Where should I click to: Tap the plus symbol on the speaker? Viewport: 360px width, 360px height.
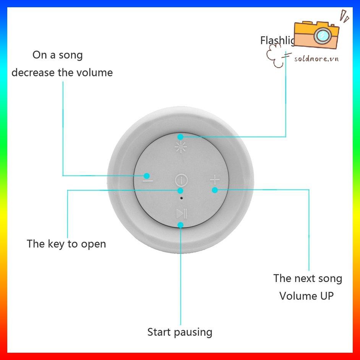point(215,179)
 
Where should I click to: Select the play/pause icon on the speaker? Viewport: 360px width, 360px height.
point(181,213)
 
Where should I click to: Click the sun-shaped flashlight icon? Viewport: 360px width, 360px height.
point(180,147)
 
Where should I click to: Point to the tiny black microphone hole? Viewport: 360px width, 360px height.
point(181,198)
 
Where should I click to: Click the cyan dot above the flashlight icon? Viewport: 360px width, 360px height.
point(180,136)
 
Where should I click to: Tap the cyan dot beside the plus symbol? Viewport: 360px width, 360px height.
point(215,190)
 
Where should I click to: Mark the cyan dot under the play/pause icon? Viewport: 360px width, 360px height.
point(181,225)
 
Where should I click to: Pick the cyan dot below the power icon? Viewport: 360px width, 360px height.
point(181,190)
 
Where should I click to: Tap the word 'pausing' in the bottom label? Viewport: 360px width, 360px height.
point(195,332)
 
